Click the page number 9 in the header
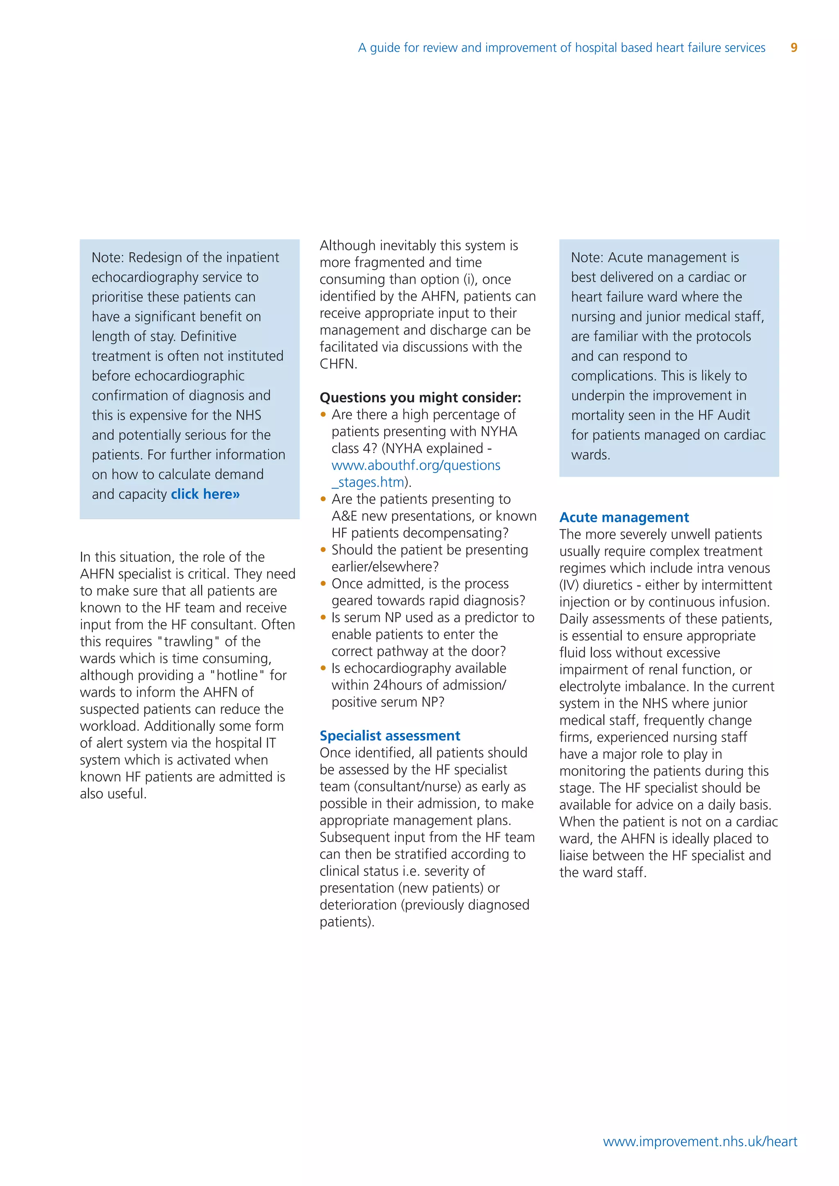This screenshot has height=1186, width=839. click(794, 48)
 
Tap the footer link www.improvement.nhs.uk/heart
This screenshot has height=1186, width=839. click(700, 1142)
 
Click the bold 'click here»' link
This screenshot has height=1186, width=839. click(205, 494)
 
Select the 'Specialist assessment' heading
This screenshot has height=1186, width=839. click(390, 736)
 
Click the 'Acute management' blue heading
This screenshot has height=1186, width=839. click(624, 517)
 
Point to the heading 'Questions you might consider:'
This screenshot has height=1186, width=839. click(420, 397)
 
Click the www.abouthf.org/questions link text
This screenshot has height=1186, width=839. click(415, 465)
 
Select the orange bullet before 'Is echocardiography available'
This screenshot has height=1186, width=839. click(323, 668)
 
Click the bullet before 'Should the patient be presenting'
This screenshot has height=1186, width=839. click(323, 550)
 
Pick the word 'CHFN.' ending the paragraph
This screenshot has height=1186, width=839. click(338, 364)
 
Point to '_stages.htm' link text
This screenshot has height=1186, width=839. click(367, 482)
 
